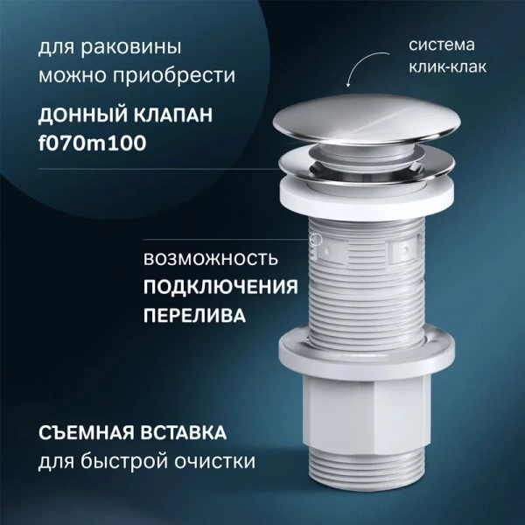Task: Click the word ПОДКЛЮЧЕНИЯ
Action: (x=220, y=287)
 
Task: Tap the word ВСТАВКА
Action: (x=188, y=433)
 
